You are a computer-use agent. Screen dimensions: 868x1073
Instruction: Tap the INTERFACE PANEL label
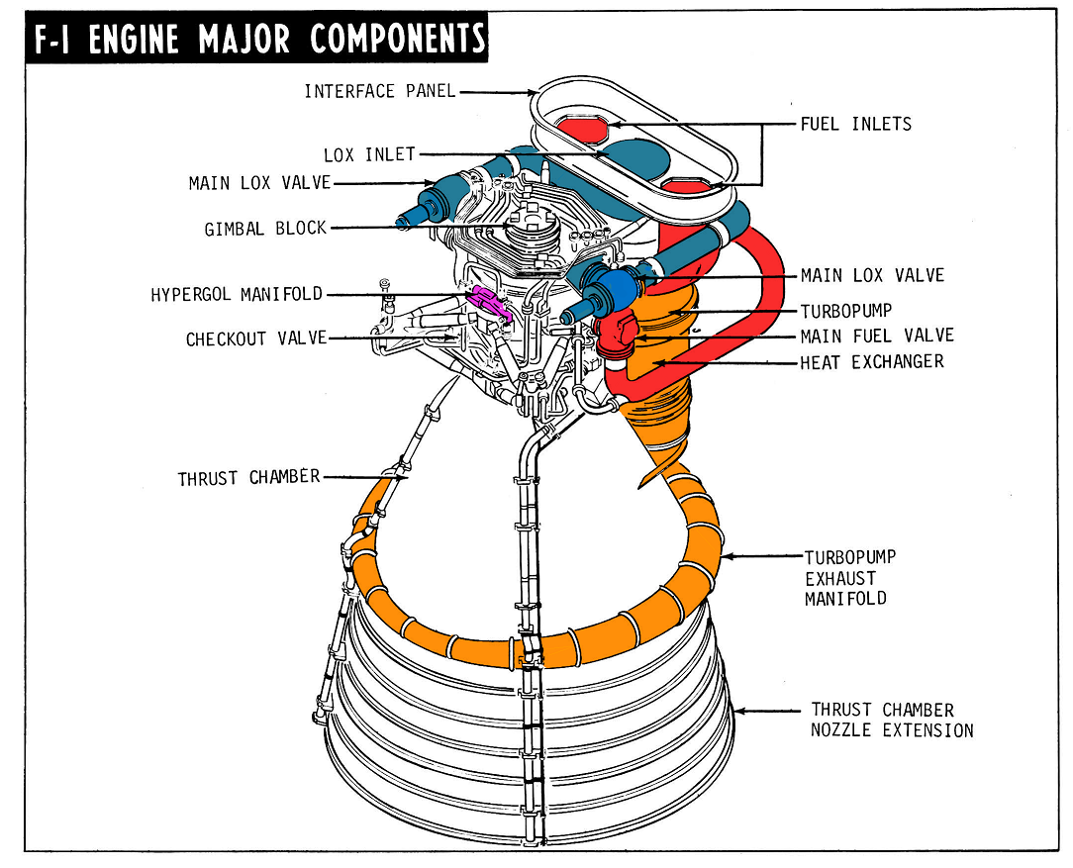pos(379,92)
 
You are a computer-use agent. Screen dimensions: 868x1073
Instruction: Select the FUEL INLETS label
pos(855,125)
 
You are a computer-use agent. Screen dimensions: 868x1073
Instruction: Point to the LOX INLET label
pos(369,155)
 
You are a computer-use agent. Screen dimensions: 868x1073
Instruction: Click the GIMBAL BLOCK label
pos(264,229)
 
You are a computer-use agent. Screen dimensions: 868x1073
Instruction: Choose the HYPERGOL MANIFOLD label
pos(237,295)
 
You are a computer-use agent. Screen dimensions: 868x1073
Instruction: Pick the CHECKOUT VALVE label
pos(255,338)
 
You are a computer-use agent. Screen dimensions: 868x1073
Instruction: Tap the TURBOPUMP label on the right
pos(845,311)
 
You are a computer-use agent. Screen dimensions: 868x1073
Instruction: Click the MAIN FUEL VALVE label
pos(877,337)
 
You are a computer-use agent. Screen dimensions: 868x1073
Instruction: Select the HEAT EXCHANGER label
pos(871,362)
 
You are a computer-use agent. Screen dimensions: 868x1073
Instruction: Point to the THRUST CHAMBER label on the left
pos(248,478)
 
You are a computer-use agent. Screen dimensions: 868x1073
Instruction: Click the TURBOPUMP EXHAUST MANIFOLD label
pos(849,578)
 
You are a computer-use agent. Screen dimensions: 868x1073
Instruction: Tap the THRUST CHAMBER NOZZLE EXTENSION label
pos(891,721)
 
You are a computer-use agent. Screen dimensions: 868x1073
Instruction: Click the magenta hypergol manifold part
pos(488,300)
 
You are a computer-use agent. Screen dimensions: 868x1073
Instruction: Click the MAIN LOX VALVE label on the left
pos(259,183)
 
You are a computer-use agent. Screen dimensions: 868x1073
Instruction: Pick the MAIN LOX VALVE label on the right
pos(871,275)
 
